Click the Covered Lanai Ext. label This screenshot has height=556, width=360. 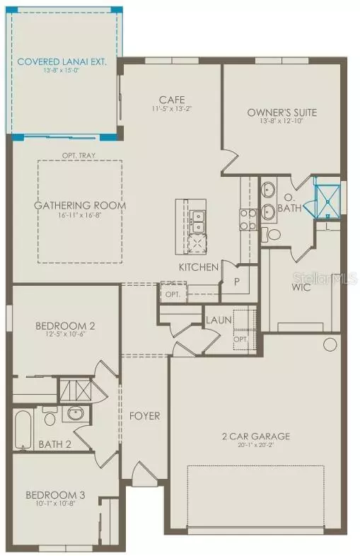(x=62, y=62)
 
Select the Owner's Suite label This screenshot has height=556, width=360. (x=281, y=112)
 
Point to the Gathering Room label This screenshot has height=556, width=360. (x=80, y=206)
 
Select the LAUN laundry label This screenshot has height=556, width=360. (x=219, y=320)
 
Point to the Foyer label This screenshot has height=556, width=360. (x=144, y=415)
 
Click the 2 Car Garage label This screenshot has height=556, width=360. (x=255, y=436)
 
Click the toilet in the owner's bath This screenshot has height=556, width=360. (x=272, y=234)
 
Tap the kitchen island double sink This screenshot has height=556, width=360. (x=198, y=221)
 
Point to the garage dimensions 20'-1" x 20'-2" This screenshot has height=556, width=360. (x=255, y=446)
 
